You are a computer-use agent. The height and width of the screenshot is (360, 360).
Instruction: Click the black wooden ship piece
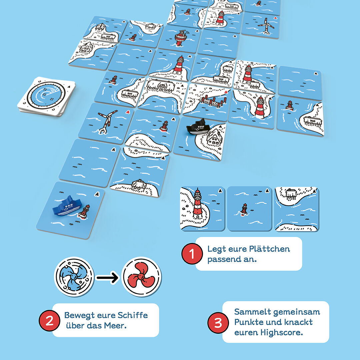198,127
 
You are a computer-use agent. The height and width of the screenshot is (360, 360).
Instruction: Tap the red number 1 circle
192,254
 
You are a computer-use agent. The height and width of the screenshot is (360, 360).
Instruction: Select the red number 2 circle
49,321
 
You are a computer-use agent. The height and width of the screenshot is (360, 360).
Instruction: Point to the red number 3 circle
218,323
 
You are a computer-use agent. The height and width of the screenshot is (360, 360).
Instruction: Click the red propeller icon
141,277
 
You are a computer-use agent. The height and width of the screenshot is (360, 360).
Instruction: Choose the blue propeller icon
74,277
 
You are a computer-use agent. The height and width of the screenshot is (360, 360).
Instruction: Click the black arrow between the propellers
107,278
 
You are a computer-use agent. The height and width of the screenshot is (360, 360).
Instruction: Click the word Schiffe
132,315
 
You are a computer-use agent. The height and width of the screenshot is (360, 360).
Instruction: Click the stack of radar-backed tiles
46,96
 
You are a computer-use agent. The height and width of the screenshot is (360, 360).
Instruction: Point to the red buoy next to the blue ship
84,212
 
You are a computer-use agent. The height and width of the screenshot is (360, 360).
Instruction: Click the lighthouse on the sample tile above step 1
198,203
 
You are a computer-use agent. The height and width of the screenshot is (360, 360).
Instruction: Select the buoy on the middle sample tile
244,209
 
